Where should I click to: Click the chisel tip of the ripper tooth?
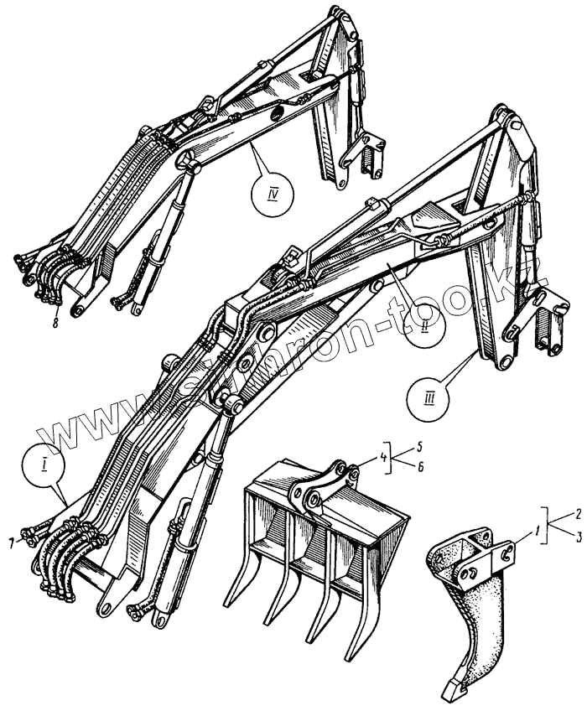pos(449,692)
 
